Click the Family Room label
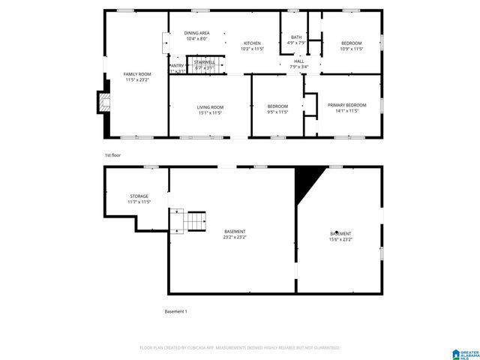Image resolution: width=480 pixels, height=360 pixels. point(137,73)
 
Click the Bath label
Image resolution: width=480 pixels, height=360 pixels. point(296,37)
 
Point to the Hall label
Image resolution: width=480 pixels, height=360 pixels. point(298,61)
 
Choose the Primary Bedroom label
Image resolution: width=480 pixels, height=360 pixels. point(346,105)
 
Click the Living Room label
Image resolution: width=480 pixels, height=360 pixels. point(210,107)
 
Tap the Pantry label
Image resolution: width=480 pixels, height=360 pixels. point(177,66)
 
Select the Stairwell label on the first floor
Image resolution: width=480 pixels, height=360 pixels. point(205,61)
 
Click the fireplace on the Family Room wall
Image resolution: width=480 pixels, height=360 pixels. point(103,102)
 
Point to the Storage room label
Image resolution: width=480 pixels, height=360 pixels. point(139,196)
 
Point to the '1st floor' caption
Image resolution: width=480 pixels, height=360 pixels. point(112,154)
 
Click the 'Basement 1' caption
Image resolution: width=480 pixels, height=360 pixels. point(175,311)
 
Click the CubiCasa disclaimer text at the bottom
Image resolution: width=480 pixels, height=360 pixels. point(240,348)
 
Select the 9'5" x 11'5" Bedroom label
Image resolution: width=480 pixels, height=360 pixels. point(277,109)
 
